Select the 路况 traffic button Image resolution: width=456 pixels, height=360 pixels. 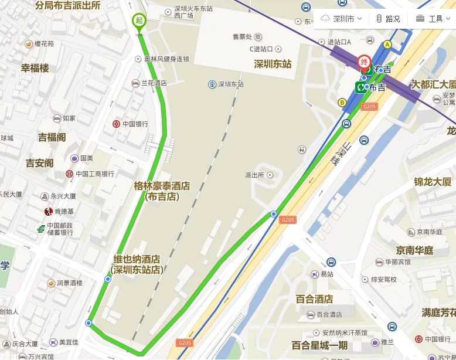click(x=388, y=19)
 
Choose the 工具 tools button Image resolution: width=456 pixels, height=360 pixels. click(x=430, y=19)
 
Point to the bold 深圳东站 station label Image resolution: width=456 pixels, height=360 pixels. click(x=273, y=64)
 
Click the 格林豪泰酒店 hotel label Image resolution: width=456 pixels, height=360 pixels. click(x=162, y=191)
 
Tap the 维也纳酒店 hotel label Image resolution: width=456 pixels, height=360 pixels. click(x=137, y=264)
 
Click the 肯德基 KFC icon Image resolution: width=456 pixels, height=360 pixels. click(x=49, y=211)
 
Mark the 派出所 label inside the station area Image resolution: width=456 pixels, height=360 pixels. click(x=255, y=175)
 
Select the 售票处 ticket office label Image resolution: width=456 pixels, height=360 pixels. click(x=243, y=36)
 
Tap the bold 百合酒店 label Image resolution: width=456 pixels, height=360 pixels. click(x=315, y=299)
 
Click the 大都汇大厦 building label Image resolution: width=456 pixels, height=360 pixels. click(x=433, y=84)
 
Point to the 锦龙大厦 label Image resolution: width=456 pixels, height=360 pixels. click(x=433, y=182)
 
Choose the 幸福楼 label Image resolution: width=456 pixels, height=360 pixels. click(x=35, y=68)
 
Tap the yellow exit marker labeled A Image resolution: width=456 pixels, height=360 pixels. click(x=387, y=45)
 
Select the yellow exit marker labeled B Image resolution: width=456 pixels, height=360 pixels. click(x=342, y=102)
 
